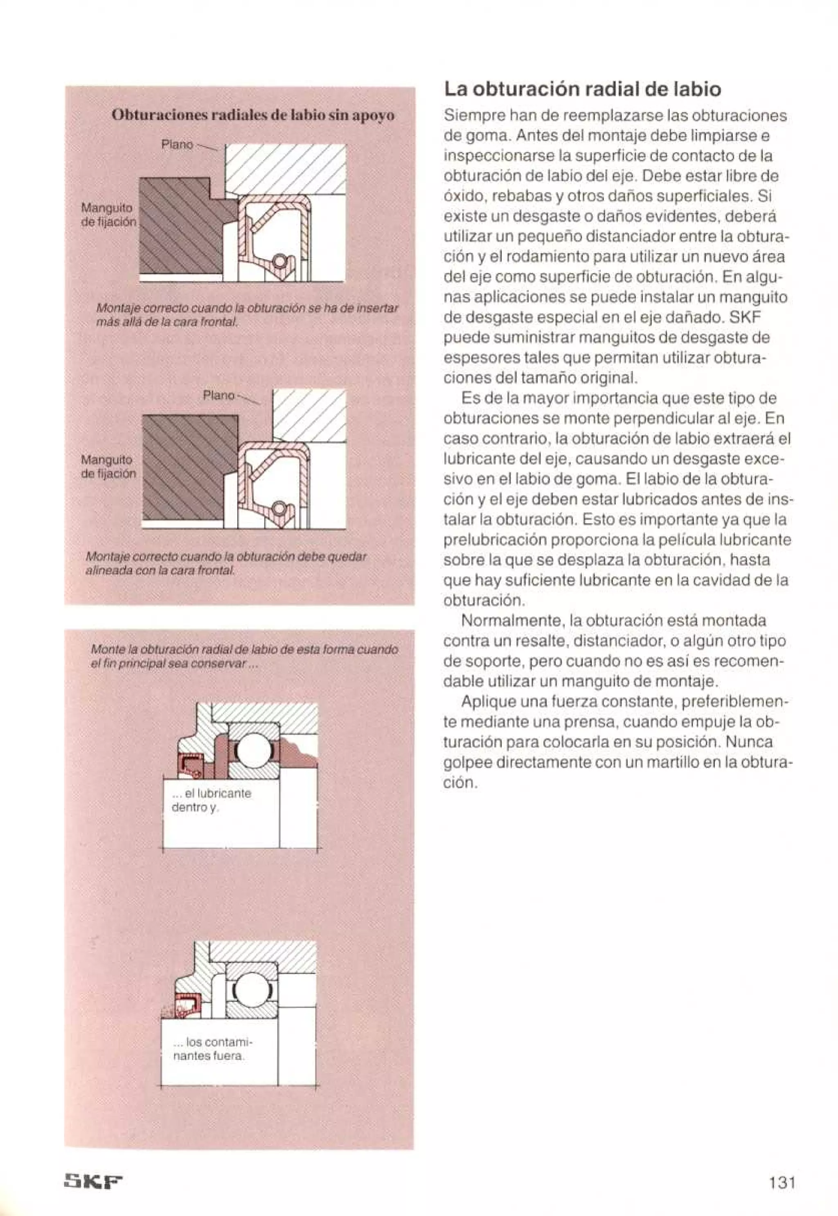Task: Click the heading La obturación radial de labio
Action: click(582, 89)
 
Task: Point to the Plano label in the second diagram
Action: click(219, 395)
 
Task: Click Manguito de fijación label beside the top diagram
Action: click(108, 215)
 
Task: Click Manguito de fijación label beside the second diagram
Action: click(108, 467)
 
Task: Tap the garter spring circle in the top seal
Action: click(280, 260)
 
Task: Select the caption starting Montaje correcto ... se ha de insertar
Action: click(247, 314)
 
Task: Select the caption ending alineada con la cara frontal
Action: click(226, 563)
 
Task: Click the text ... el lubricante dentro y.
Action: click(212, 800)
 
